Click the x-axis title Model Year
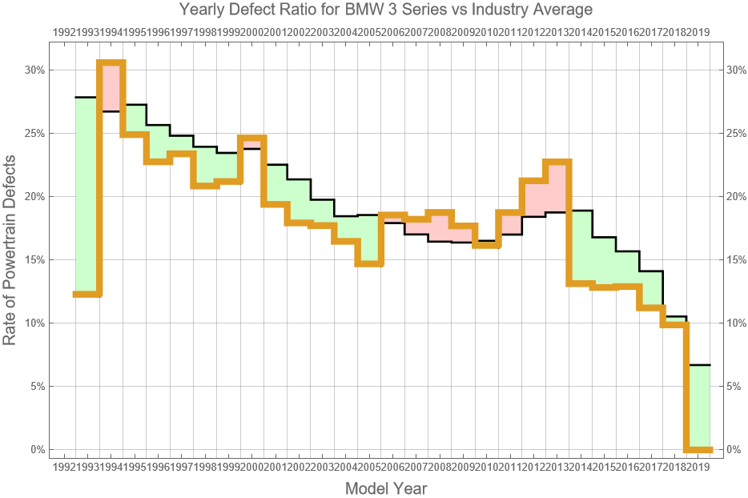(385, 488)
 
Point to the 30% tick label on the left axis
(33, 70)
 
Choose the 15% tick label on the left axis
(33, 259)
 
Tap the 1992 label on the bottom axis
(63, 466)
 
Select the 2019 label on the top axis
(698, 31)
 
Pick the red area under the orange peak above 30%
(111, 87)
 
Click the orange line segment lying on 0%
(699, 449)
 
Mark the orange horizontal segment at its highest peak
(111, 62)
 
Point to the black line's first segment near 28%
(86, 97)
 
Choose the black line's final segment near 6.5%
(699, 365)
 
